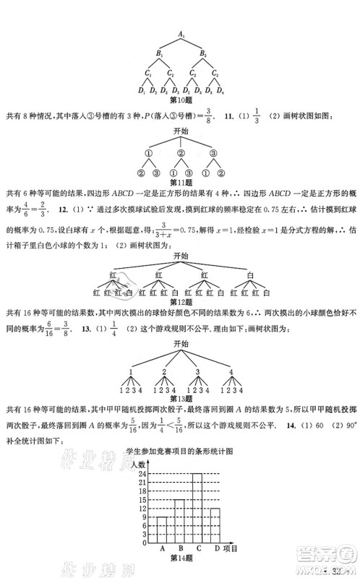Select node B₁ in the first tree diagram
coord(160,53)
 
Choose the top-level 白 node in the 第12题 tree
coord(249,276)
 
